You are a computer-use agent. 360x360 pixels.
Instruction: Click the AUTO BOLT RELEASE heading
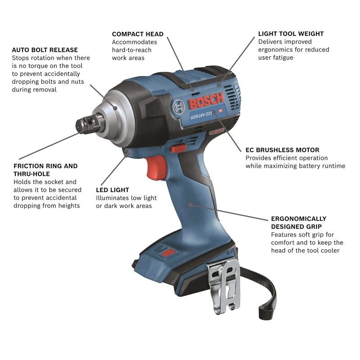click(45, 49)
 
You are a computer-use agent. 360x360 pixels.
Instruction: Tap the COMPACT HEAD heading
click(138, 34)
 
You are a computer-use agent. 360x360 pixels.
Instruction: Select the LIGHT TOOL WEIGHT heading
click(291, 34)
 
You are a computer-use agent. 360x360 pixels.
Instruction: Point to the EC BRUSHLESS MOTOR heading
click(282, 150)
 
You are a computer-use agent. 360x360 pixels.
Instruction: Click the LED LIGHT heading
click(112, 190)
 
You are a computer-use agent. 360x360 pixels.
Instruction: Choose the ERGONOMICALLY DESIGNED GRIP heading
click(298, 222)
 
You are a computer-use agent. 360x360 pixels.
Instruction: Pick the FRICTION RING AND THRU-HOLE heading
click(45, 170)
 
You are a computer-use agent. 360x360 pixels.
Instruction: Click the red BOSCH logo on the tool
click(206, 102)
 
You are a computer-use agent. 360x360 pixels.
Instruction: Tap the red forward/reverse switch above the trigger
click(179, 148)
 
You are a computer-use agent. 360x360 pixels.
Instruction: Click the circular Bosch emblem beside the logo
click(178, 107)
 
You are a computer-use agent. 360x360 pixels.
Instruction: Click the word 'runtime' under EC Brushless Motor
click(333, 166)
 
